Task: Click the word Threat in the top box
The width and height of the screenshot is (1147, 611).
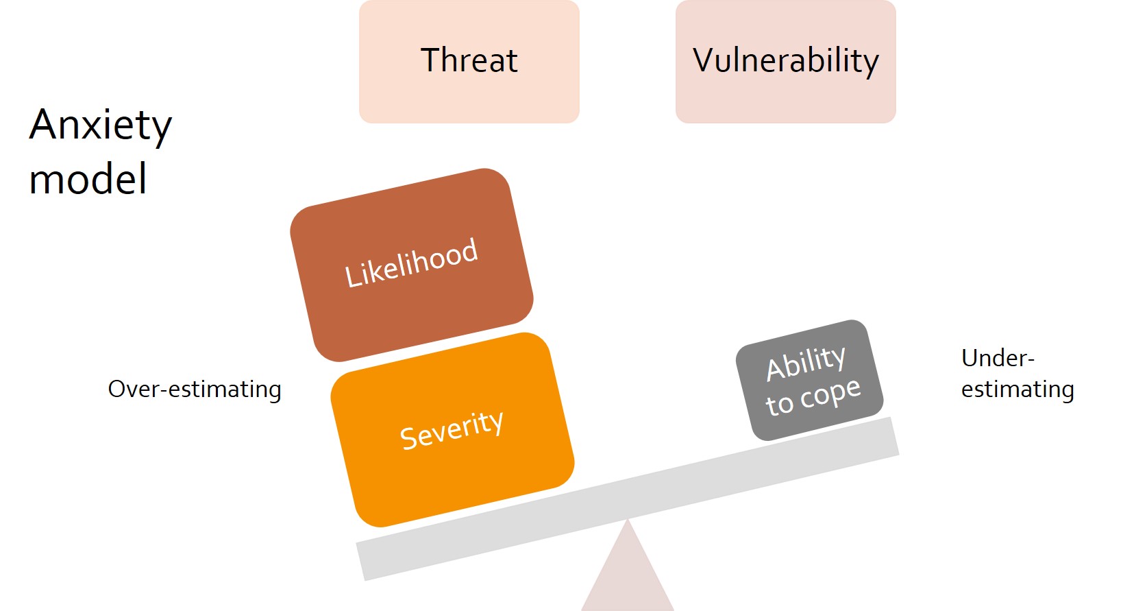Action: coord(469,60)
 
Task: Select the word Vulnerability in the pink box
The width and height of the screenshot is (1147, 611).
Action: coord(785,60)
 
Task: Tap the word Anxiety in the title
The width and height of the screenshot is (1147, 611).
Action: coord(101,125)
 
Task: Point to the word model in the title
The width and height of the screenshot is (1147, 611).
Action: coord(88,179)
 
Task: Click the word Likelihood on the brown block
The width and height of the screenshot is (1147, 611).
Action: coord(411,263)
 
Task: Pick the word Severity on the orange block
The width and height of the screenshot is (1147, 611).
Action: coord(452,430)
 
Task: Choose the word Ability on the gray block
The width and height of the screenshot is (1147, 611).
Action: coord(806,363)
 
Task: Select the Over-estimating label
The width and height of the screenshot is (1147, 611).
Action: coord(195,390)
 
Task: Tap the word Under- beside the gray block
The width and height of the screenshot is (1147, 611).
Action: coord(998,358)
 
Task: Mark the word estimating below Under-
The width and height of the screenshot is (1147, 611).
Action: coord(1018,390)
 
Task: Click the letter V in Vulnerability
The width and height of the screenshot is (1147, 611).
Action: coord(704,60)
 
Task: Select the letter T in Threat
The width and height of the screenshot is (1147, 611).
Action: coord(430,60)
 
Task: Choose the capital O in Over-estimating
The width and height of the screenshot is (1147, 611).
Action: coord(116,390)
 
